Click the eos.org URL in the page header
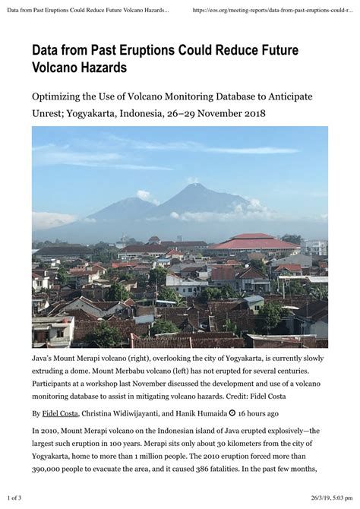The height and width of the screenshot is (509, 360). (273, 11)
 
